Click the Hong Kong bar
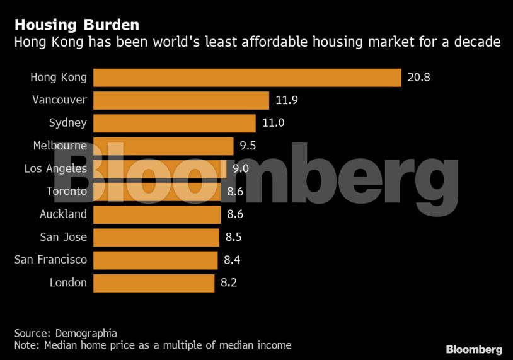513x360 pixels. [x=247, y=78]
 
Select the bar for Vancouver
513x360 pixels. [x=182, y=100]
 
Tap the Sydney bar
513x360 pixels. [x=175, y=123]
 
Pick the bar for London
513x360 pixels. [x=154, y=282]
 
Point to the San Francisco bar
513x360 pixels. [x=156, y=260]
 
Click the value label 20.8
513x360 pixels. [x=418, y=78]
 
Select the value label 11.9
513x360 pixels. [x=287, y=100]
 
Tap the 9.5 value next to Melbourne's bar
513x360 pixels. [x=248, y=146]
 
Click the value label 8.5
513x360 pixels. [x=233, y=237]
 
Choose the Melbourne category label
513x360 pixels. [x=60, y=146]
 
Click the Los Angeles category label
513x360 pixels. [x=55, y=168]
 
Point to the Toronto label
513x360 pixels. [x=66, y=191]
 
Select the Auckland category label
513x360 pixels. [x=63, y=214]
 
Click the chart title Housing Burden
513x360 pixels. [x=77, y=25]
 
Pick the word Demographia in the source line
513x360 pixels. [x=86, y=333]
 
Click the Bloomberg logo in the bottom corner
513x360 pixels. [x=473, y=349]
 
